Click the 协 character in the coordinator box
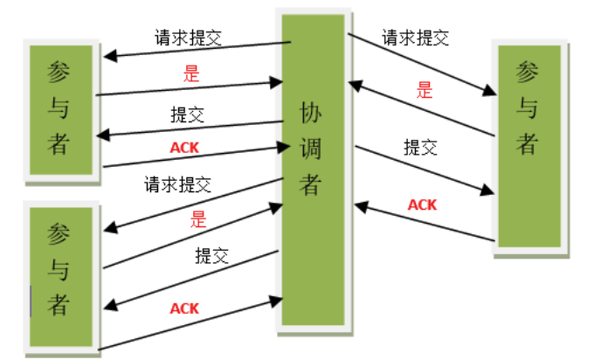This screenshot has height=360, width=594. (x=311, y=113)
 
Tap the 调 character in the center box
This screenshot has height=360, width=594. (x=311, y=149)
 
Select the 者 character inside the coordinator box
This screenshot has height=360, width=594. (x=311, y=184)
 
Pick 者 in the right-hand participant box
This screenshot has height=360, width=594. (x=527, y=142)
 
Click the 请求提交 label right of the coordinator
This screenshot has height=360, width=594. (x=415, y=38)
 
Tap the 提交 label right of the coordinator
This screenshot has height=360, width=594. (x=420, y=147)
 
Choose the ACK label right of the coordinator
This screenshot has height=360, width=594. (x=423, y=204)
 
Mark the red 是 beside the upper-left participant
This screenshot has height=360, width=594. (x=191, y=73)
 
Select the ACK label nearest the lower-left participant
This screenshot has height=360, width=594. (x=184, y=308)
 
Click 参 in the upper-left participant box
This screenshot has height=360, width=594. (x=58, y=72)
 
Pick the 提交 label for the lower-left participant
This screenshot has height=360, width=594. (x=211, y=256)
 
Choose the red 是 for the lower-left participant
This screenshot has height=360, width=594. (x=197, y=219)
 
